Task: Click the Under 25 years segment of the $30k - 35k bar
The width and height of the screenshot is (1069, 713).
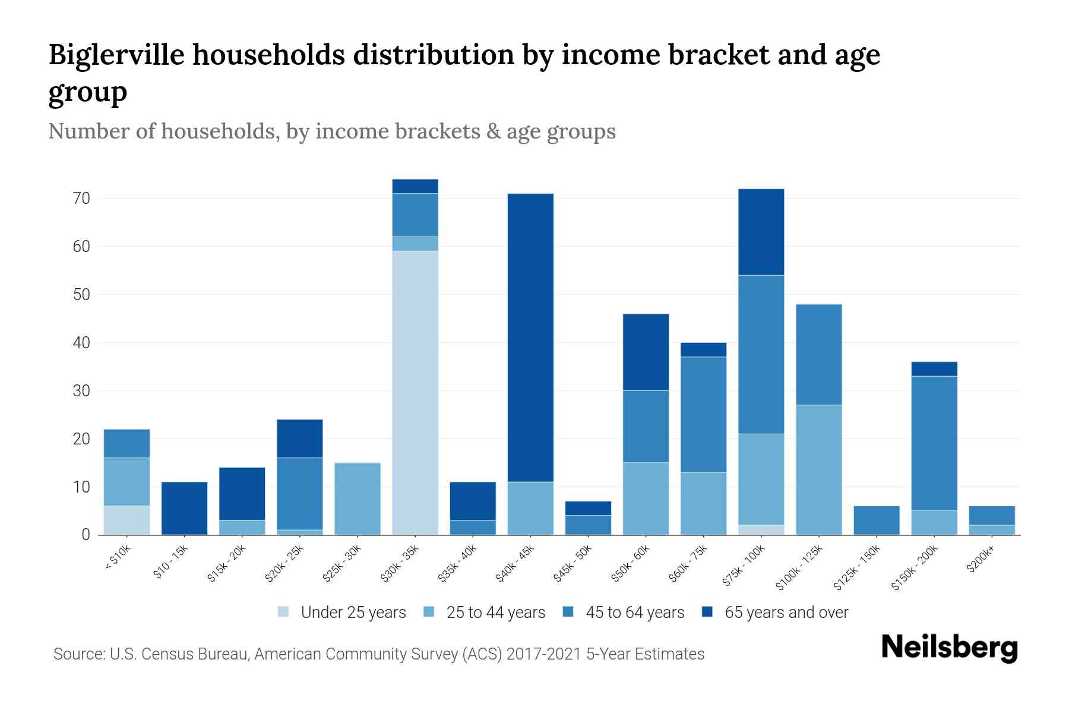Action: click(x=415, y=392)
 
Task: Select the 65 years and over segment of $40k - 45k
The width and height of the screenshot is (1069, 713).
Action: click(x=530, y=337)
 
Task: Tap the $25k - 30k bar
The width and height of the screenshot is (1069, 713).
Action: click(x=358, y=499)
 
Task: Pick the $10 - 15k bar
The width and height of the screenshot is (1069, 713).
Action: click(x=184, y=508)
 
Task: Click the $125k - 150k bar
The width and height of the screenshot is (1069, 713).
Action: click(x=877, y=520)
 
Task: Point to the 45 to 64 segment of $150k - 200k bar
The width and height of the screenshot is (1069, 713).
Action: click(x=934, y=443)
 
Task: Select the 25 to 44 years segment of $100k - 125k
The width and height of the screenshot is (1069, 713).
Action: click(x=819, y=469)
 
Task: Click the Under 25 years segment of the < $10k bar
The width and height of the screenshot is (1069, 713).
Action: click(x=126, y=520)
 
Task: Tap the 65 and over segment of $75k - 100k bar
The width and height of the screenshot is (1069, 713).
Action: click(x=761, y=232)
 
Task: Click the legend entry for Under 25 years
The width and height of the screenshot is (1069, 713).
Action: click(x=342, y=612)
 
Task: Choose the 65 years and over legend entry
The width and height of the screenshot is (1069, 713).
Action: click(x=775, y=612)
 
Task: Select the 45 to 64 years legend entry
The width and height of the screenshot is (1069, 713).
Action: click(x=623, y=612)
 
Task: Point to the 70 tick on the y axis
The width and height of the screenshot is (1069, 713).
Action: click(x=82, y=198)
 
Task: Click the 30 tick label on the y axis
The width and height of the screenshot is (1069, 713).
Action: click(x=82, y=391)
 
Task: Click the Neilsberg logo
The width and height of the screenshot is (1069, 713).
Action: click(x=950, y=647)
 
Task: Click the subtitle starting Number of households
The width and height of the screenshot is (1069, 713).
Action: click(x=332, y=131)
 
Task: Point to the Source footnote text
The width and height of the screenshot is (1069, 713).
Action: click(x=379, y=654)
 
